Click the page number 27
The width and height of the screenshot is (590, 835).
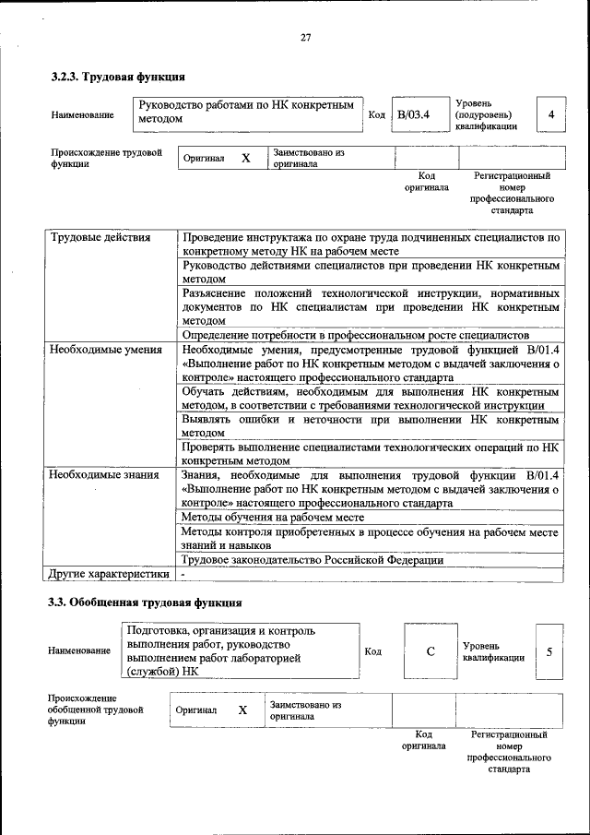305,38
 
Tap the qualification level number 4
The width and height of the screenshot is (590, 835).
550,114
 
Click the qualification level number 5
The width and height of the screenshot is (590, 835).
549,651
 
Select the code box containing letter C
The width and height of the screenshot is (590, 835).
430,651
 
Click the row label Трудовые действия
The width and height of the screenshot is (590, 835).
100,237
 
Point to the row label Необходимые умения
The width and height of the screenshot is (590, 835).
105,350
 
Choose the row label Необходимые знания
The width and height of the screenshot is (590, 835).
104,474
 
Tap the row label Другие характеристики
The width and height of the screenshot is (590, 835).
109,574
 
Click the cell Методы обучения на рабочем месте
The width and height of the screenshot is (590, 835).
273,518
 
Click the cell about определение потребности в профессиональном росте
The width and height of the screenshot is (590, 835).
355,334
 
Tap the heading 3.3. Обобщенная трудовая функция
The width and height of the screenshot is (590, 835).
145,603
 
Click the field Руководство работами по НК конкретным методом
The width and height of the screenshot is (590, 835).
245,113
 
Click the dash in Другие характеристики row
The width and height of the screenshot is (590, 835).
183,574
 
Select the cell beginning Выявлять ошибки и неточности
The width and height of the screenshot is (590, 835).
371,425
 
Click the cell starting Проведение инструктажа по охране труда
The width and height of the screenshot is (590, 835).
371,244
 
